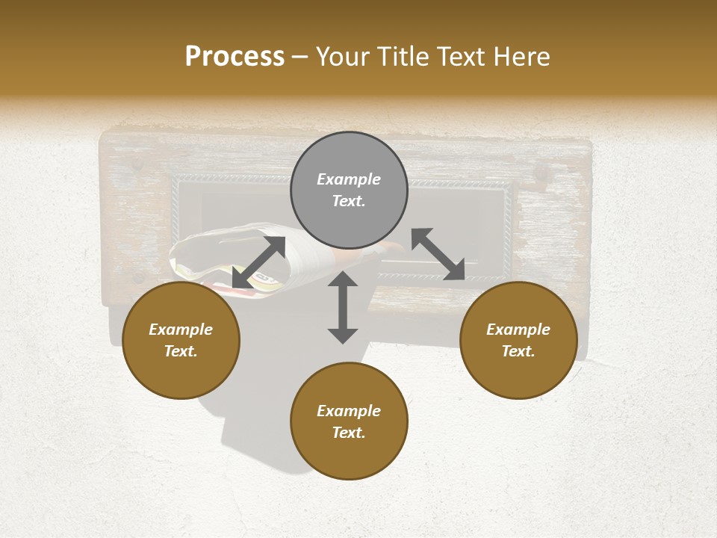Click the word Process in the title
coord(235,57)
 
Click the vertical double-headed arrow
coord(343,307)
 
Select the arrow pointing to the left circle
coord(258,262)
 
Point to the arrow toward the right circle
coord(438,254)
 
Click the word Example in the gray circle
coord(349,179)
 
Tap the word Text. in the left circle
coord(181,351)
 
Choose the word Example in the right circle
coord(518,330)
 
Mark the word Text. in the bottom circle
coord(349,433)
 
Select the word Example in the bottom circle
coord(349,411)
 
